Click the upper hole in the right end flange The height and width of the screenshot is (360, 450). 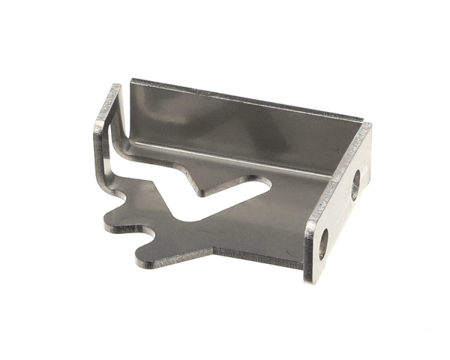coord(355,184)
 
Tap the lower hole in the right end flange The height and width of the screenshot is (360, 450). coord(323,244)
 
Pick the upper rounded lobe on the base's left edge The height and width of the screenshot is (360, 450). coord(120,199)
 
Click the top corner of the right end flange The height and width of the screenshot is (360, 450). coord(367,126)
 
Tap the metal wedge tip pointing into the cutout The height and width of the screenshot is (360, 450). coord(205,192)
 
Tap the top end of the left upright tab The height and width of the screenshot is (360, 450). coord(115,88)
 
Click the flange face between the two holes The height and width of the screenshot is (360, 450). coord(340,214)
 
